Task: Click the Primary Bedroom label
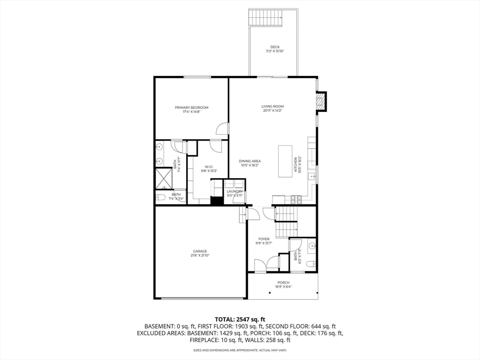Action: point(192,108)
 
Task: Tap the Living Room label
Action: point(272,106)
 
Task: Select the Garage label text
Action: point(200,251)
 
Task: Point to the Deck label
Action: point(275,47)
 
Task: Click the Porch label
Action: point(283,282)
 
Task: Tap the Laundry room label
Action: point(234,191)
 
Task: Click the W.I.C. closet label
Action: point(209,167)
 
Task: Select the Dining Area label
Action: point(250,161)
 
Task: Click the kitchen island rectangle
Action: point(285,161)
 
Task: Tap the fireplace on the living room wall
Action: point(321,102)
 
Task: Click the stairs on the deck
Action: point(266,18)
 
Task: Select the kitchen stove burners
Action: point(296,199)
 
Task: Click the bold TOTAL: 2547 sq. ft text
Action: point(240,319)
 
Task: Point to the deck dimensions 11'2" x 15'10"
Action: point(275,51)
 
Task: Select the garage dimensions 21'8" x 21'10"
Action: point(200,255)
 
